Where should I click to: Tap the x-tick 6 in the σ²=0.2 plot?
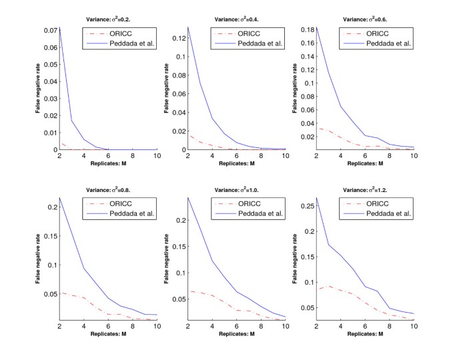109,156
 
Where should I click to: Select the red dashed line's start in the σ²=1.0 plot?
189,291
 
